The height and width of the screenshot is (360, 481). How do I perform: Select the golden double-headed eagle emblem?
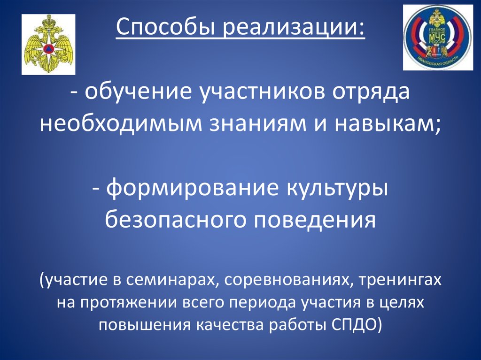point(48,45)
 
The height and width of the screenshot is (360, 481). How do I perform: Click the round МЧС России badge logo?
point(438,38)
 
